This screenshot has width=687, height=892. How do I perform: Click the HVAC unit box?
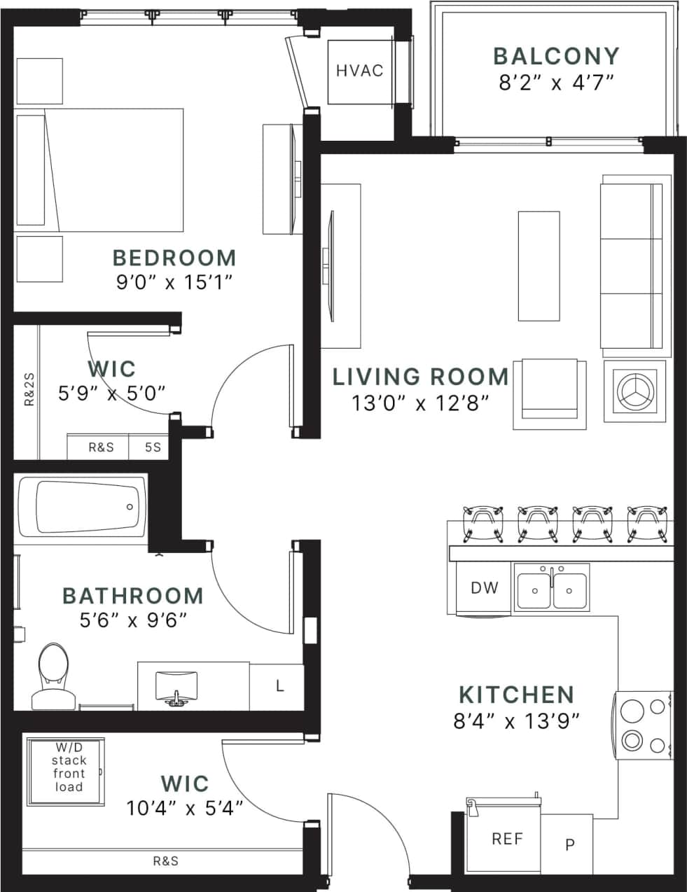360,71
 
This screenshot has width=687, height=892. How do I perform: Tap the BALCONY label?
556,56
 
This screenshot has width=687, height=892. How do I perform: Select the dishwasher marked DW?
484,587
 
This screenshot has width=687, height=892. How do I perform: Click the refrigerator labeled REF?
506,838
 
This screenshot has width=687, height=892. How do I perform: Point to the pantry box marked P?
569,844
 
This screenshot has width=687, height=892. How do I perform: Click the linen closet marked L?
279,686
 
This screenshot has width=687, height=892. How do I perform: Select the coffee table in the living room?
539,265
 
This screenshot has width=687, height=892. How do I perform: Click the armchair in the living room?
549,394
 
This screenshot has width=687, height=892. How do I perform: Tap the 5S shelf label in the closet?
152,447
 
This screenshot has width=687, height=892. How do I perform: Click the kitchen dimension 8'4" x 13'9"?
516,720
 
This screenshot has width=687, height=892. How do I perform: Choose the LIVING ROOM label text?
420,377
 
